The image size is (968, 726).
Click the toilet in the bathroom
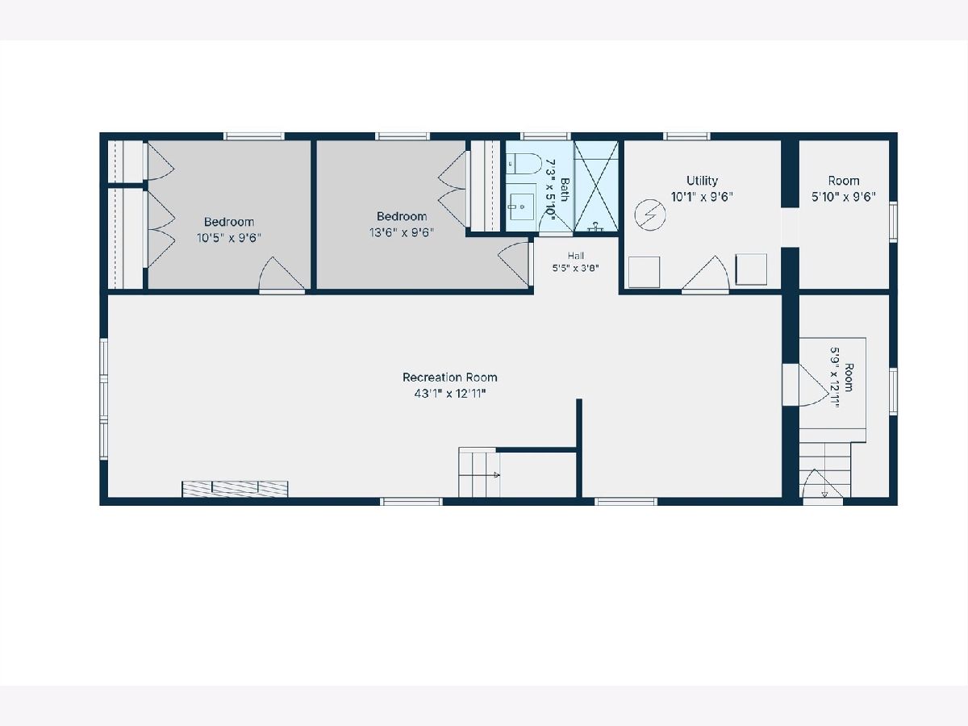(x=524, y=164)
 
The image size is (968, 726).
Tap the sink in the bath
(x=522, y=207)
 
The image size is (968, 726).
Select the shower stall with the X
(x=596, y=186)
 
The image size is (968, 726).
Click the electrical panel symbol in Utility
(x=650, y=215)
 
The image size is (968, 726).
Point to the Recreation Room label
(x=450, y=378)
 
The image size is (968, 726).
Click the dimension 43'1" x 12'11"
(x=450, y=393)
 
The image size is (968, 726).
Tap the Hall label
(x=575, y=256)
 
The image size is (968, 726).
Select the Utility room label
(x=702, y=181)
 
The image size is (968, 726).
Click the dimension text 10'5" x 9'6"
(x=229, y=238)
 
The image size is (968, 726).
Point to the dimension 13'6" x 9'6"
(x=401, y=232)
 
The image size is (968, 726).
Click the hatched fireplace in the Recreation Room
(x=235, y=490)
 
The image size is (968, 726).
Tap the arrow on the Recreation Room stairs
(x=496, y=475)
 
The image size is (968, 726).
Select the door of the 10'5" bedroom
(x=282, y=275)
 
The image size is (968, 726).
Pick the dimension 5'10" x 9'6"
(x=844, y=197)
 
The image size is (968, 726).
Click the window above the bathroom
(x=545, y=136)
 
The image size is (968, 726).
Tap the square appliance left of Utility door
(x=645, y=272)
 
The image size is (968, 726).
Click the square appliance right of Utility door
(x=751, y=269)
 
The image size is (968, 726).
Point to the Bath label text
(x=565, y=189)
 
